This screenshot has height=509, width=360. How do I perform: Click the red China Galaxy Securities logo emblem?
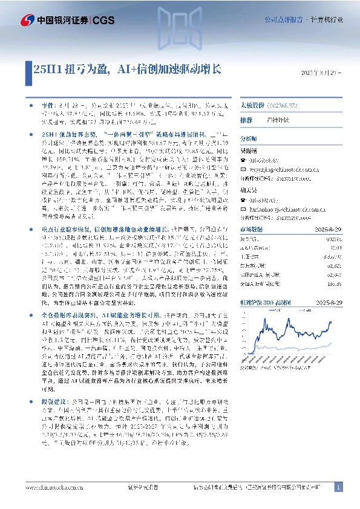27,20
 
